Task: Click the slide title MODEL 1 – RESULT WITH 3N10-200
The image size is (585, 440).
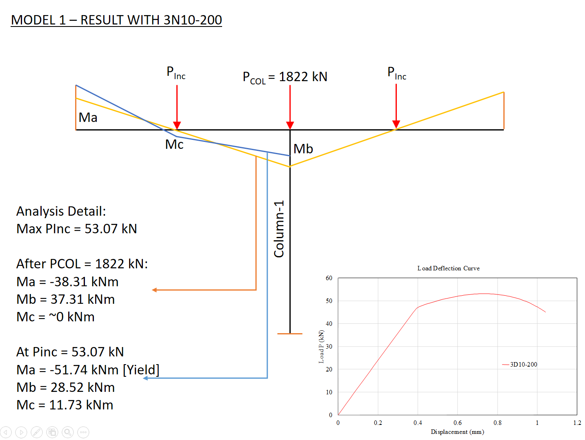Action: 116,20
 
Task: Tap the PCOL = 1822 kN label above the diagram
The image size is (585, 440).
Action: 285,77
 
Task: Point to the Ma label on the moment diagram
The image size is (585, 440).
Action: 88,117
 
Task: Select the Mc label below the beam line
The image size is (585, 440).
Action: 174,144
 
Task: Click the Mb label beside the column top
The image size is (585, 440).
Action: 303,149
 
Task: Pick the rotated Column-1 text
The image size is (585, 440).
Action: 279,229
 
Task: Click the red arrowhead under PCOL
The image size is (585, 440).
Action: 290,125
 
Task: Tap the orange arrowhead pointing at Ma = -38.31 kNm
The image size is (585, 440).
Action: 154,290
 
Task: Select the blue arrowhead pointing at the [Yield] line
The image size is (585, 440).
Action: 146,378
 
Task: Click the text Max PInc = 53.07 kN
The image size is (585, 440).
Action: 77,229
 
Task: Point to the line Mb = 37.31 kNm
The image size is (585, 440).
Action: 66,299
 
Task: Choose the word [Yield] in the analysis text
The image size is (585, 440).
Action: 141,370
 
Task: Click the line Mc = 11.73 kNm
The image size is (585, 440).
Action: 65,405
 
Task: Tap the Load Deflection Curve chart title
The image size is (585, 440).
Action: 448,268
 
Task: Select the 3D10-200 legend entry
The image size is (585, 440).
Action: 523,365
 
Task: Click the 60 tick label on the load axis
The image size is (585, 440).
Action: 329,278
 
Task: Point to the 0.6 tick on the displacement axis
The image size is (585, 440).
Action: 458,423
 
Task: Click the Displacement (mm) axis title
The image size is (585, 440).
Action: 457,432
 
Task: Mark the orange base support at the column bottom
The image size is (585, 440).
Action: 290,334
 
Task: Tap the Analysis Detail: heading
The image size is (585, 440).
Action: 61,211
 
